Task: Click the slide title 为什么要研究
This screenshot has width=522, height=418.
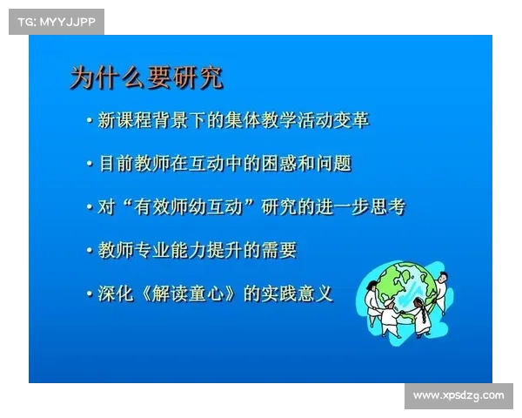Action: click(146, 78)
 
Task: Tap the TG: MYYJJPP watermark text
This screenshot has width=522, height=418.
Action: click(55, 21)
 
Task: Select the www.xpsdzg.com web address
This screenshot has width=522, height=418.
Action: click(458, 395)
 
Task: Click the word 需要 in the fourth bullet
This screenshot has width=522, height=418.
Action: click(278, 250)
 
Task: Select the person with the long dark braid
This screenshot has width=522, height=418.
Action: click(421, 317)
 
